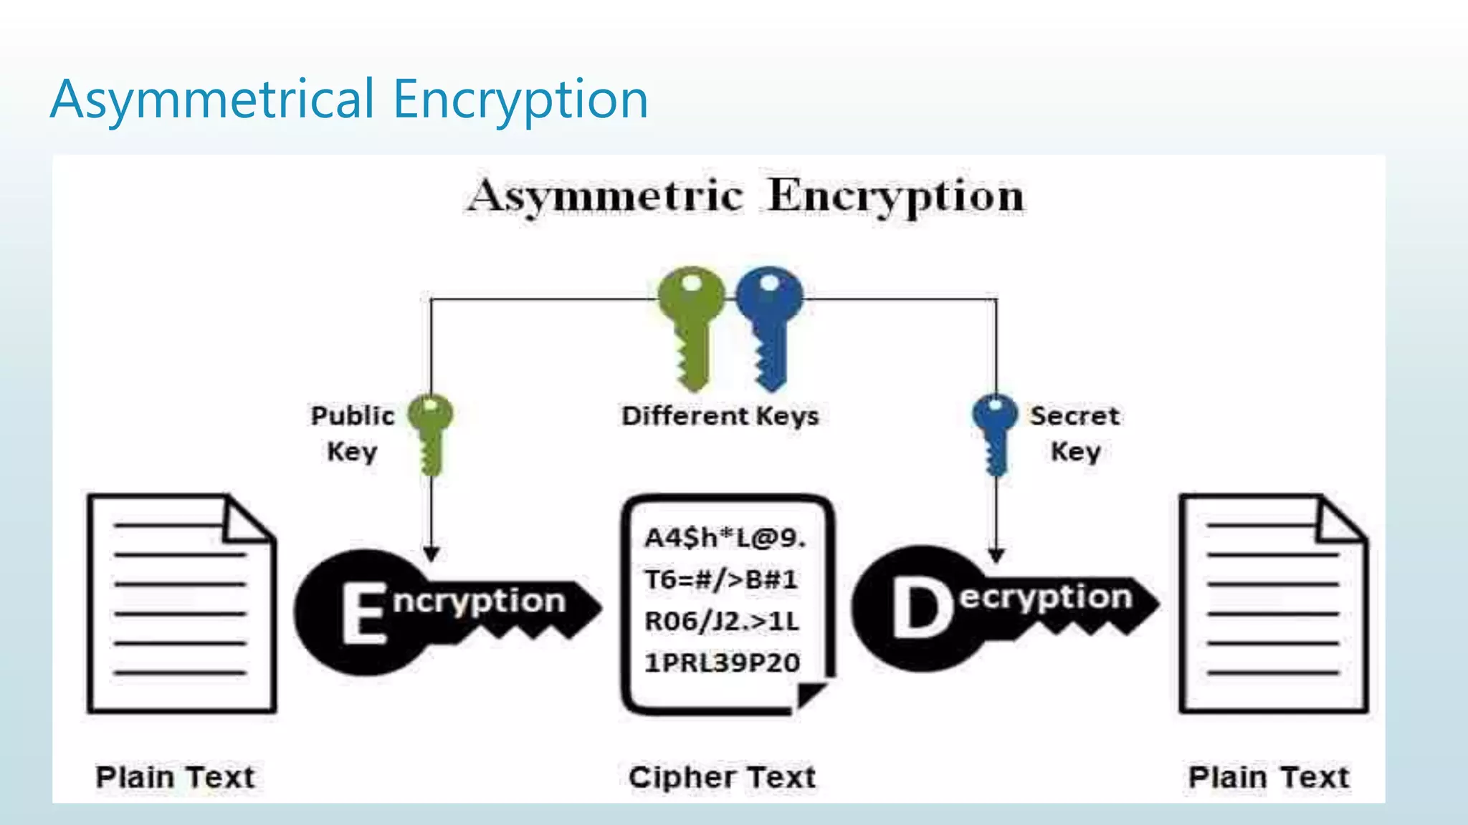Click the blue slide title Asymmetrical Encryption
(x=349, y=99)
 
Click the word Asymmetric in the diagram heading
(x=606, y=196)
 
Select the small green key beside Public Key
(x=431, y=433)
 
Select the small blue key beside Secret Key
(x=995, y=433)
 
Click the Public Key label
(x=352, y=433)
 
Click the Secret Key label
(x=1074, y=433)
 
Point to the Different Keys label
(x=720, y=416)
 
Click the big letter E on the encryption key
(x=364, y=613)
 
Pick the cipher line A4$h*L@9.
(x=725, y=538)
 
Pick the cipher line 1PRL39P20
(x=722, y=662)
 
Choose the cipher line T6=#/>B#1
(x=721, y=579)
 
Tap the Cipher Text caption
(x=722, y=778)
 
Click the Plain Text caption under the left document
(x=176, y=778)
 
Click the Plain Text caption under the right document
(x=1269, y=778)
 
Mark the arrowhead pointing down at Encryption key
(x=431, y=554)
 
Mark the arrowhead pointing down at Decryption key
(x=996, y=554)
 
